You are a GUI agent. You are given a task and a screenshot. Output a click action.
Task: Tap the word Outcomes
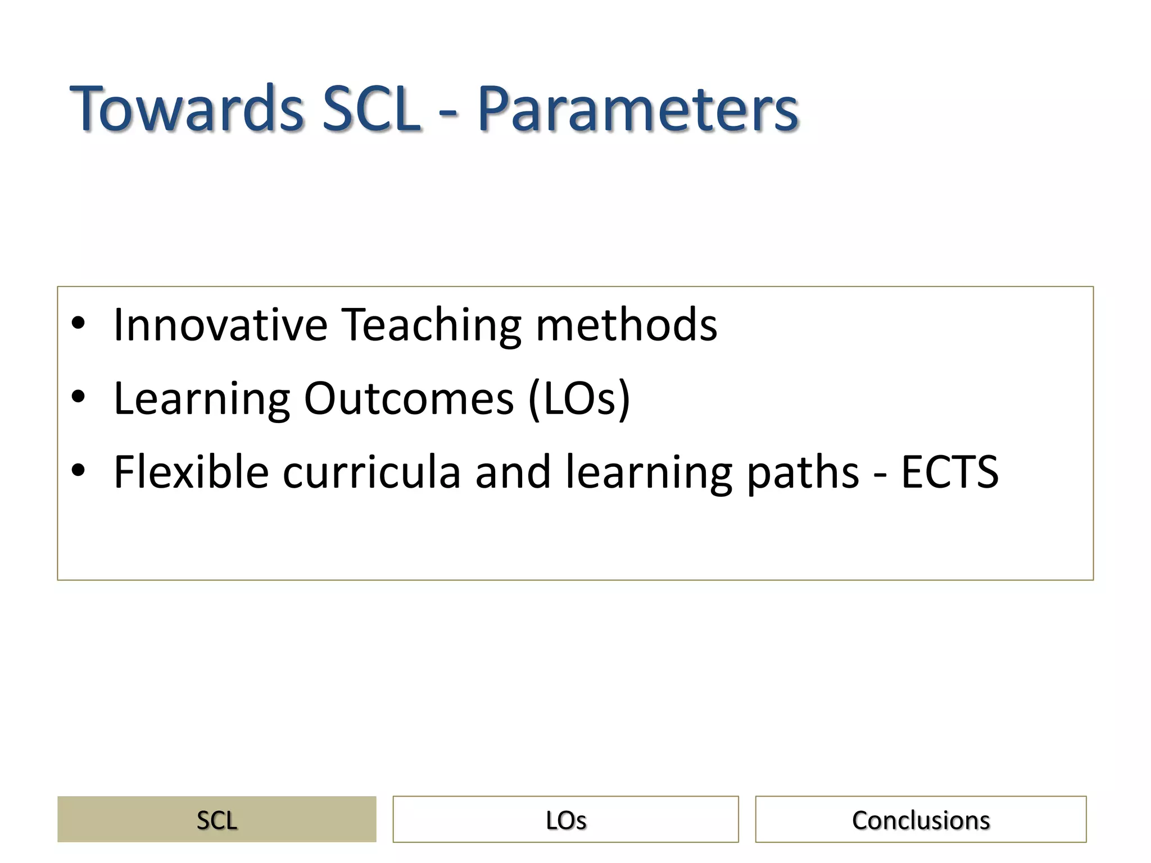pos(409,398)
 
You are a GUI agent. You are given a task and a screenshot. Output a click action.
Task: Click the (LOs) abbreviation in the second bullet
pos(579,398)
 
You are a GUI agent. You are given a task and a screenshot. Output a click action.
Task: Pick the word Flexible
pos(191,472)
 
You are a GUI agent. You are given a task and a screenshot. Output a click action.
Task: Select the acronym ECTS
pos(950,472)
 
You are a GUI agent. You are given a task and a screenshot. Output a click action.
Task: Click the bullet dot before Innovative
pos(78,324)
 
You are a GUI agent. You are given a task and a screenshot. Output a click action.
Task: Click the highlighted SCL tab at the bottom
pos(217,819)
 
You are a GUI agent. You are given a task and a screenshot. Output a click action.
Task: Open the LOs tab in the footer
pos(565,819)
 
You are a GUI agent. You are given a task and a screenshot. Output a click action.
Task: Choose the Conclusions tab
pos(921,819)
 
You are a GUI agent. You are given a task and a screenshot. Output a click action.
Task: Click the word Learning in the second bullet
pos(202,399)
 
